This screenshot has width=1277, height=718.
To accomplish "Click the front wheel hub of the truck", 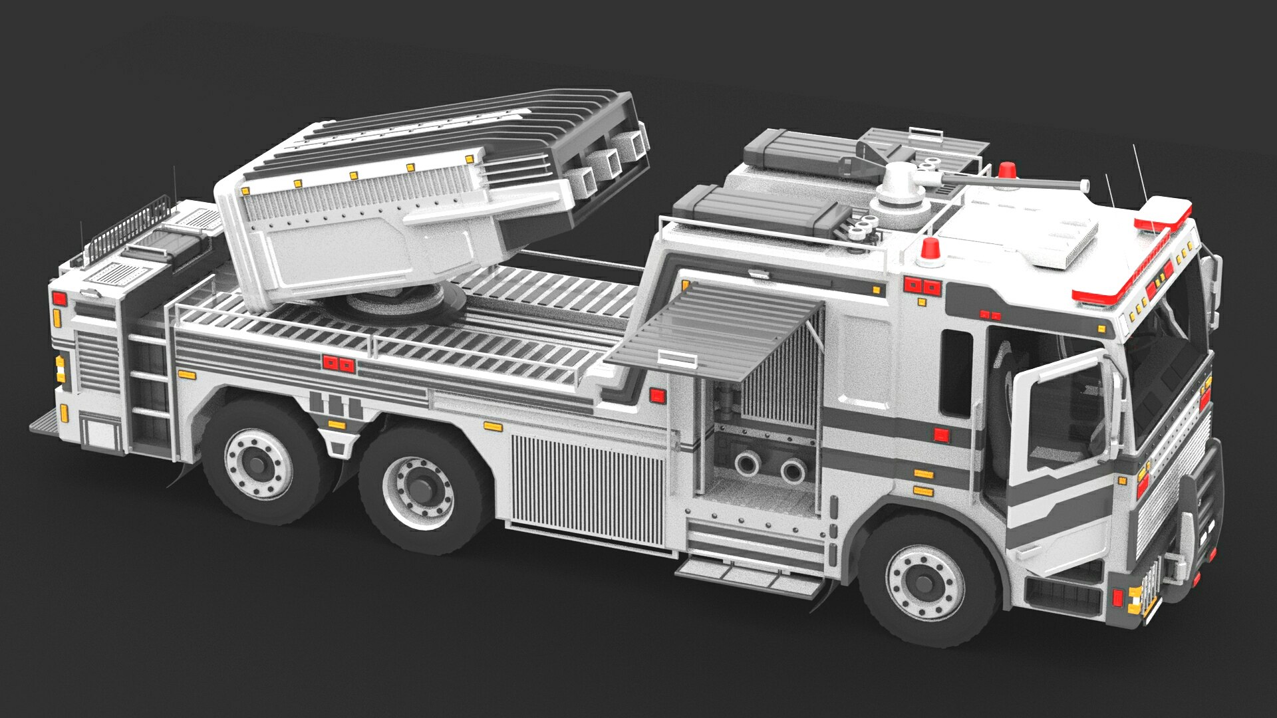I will (x=924, y=583).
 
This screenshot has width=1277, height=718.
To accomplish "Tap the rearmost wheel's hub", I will (x=257, y=459).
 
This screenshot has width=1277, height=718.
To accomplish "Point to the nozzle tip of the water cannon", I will (x=1084, y=185).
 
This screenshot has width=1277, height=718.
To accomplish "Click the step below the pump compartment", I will (x=748, y=575).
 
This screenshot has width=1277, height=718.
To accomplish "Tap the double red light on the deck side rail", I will (x=339, y=364).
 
